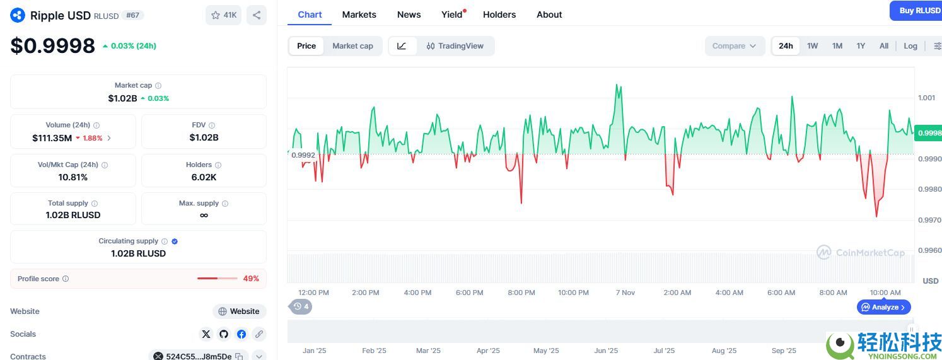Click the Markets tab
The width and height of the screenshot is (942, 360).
(x=359, y=15)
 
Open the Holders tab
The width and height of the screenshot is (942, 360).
(x=499, y=15)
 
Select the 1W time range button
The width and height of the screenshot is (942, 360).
(x=812, y=46)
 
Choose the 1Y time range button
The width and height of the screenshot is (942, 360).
(x=861, y=46)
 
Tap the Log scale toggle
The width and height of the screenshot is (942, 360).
(x=910, y=46)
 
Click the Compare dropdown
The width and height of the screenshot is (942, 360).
(x=734, y=46)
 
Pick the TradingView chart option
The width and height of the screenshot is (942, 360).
(x=455, y=46)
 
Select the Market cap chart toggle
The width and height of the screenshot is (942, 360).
(x=352, y=46)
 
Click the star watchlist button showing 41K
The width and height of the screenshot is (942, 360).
(x=224, y=15)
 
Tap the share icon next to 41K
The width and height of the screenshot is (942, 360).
(x=257, y=15)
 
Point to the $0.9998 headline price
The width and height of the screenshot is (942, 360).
(x=52, y=46)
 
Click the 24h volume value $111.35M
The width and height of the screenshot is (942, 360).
(x=52, y=138)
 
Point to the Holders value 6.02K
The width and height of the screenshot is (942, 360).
(x=204, y=177)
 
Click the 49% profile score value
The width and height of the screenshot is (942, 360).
(x=251, y=279)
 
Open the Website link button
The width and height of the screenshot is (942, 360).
(x=240, y=311)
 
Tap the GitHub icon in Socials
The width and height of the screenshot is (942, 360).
(x=224, y=334)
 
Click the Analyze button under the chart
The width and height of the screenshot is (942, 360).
(x=883, y=307)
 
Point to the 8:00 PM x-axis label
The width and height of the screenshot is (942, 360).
(x=521, y=293)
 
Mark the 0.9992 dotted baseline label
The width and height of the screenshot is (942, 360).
(x=303, y=154)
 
